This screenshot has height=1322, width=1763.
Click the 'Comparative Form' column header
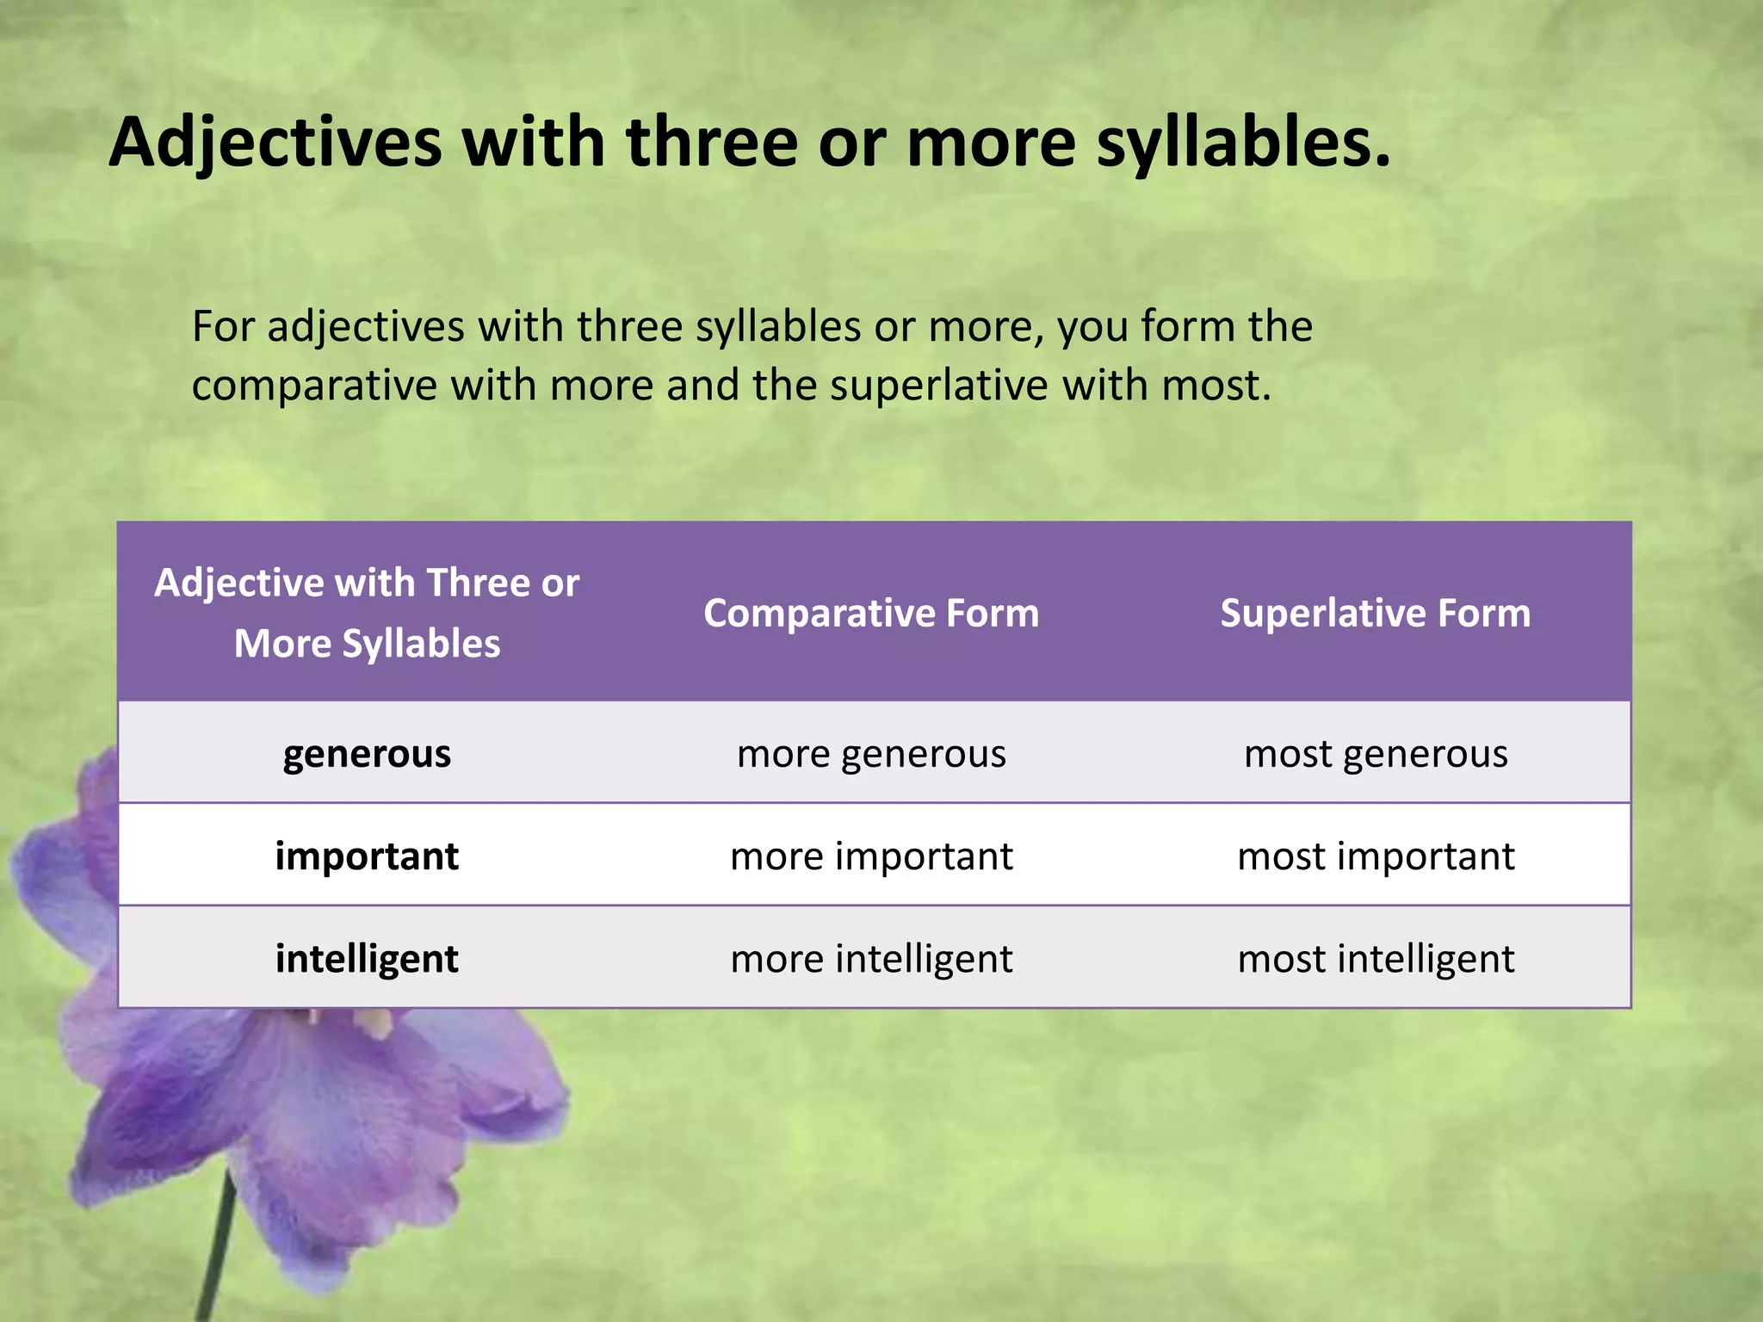point(871,614)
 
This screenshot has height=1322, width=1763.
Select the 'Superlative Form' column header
point(1376,614)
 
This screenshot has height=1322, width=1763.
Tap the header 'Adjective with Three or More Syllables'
point(367,613)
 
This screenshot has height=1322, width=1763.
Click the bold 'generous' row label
point(367,754)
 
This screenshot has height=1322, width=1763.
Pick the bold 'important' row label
point(367,856)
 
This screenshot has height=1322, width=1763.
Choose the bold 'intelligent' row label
point(367,959)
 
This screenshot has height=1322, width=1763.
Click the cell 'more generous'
point(871,754)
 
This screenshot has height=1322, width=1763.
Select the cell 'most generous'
point(1376,754)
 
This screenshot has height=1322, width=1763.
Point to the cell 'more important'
point(871,856)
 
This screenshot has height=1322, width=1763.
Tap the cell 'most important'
point(1376,856)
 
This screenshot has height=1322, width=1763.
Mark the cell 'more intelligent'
point(871,959)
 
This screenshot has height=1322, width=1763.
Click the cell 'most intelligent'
point(1376,959)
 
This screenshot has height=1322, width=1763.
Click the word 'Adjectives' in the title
point(275,142)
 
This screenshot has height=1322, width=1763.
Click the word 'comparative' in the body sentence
point(314,386)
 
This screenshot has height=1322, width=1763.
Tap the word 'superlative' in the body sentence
point(939,386)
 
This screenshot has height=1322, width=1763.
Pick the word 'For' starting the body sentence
point(222,327)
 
